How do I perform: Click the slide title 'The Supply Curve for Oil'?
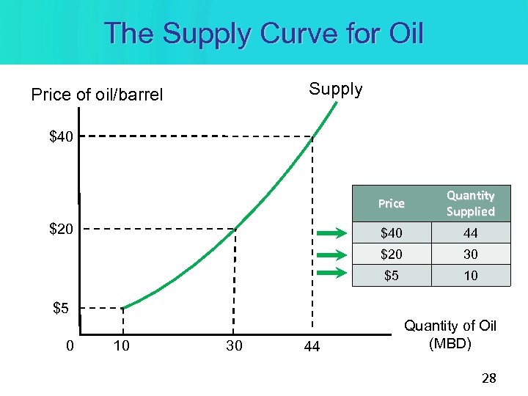264,33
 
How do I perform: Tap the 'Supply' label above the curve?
336,89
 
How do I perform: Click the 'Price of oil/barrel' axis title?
97,95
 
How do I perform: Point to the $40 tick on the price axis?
61,136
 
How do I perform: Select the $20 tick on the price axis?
61,230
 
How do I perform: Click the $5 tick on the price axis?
61,308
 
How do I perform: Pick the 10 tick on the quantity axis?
122,345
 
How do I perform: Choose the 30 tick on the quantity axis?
234,345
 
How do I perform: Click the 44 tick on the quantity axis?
312,346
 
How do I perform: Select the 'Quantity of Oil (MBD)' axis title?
450,334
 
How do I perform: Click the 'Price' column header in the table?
391,204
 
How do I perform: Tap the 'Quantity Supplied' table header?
470,204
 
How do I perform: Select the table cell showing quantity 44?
470,233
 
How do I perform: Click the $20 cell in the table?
391,254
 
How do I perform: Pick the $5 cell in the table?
391,275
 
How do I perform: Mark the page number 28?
488,378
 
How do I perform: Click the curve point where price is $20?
235,230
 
